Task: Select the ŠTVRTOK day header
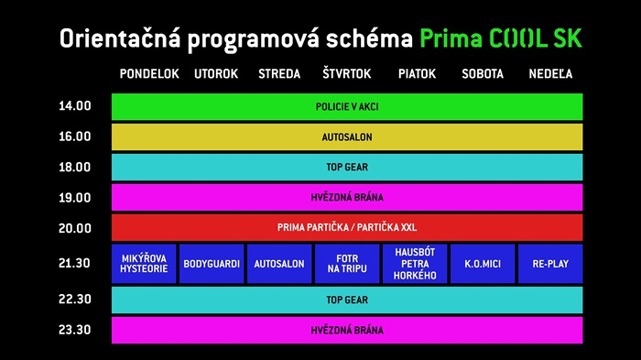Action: (346, 74)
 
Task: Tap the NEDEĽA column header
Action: (550, 74)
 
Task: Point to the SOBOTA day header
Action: (483, 74)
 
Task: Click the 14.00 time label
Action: (75, 106)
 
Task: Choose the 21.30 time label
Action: (75, 264)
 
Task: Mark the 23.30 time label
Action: (75, 330)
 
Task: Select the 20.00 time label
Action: (75, 228)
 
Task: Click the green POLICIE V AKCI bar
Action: (347, 106)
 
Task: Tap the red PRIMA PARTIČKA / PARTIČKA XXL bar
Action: (347, 227)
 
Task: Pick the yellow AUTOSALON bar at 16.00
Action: (347, 136)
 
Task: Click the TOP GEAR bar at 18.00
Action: (347, 167)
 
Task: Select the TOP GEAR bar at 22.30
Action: (347, 300)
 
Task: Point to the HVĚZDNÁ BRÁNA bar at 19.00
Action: (347, 197)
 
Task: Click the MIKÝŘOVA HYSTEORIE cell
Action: (144, 264)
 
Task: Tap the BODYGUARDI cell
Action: (212, 264)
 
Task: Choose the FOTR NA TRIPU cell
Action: (347, 264)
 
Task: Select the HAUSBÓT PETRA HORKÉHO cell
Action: (415, 264)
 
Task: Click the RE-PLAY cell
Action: (550, 264)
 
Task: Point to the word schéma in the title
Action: (372, 39)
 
